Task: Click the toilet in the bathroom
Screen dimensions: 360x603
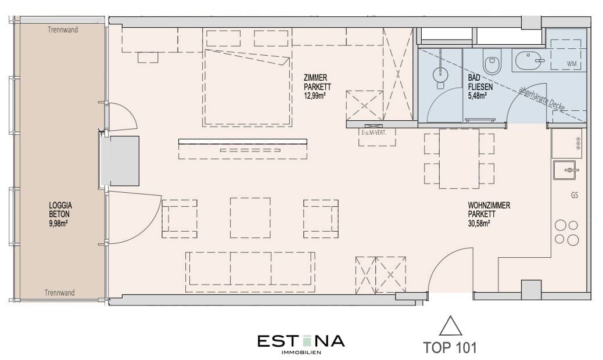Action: pyautogui.click(x=493, y=63)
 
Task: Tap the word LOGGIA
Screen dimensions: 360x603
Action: pyautogui.click(x=60, y=205)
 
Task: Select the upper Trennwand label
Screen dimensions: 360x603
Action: pyautogui.click(x=62, y=30)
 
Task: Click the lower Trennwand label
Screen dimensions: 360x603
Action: pyautogui.click(x=62, y=293)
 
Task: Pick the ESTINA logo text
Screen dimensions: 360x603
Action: pyautogui.click(x=301, y=340)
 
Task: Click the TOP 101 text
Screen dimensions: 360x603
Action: pyautogui.click(x=450, y=348)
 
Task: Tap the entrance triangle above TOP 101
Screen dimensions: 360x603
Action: pyautogui.click(x=450, y=326)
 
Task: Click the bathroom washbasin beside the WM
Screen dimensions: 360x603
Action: pyautogui.click(x=527, y=60)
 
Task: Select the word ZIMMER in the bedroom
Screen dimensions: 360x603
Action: pyautogui.click(x=315, y=78)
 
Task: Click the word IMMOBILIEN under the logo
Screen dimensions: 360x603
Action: pyautogui.click(x=301, y=352)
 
